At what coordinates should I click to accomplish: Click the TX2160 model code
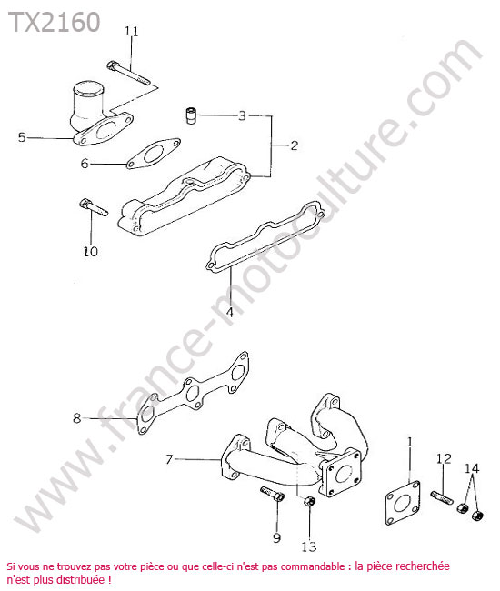pyautogui.click(x=55, y=22)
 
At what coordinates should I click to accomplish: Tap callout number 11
pyautogui.click(x=132, y=31)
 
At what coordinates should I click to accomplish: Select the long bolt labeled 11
pyautogui.click(x=128, y=73)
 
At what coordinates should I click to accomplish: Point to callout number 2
pyautogui.click(x=295, y=145)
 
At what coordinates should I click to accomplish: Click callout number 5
pyautogui.click(x=22, y=137)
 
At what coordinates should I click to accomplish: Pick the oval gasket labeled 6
pyautogui.click(x=154, y=154)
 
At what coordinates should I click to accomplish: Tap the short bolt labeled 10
pyautogui.click(x=94, y=207)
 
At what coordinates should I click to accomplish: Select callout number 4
pyautogui.click(x=229, y=312)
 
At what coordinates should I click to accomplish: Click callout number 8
pyautogui.click(x=77, y=418)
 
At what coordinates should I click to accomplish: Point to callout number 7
pyautogui.click(x=169, y=459)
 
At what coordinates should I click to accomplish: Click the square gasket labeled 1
pyautogui.click(x=403, y=503)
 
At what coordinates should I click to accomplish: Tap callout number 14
pyautogui.click(x=472, y=468)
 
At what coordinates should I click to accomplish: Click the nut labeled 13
pyautogui.click(x=309, y=502)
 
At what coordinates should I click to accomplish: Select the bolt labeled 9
pyautogui.click(x=272, y=494)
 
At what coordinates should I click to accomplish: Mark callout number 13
pyautogui.click(x=309, y=546)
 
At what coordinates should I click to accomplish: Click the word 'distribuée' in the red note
pyautogui.click(x=80, y=579)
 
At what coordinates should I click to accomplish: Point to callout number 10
pyautogui.click(x=90, y=251)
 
